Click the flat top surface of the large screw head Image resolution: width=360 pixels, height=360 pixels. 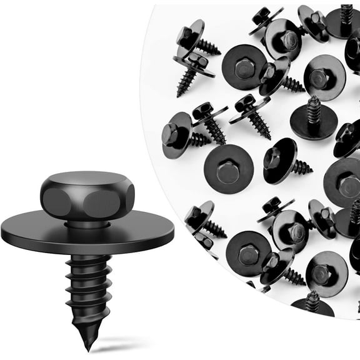pos(87,181)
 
